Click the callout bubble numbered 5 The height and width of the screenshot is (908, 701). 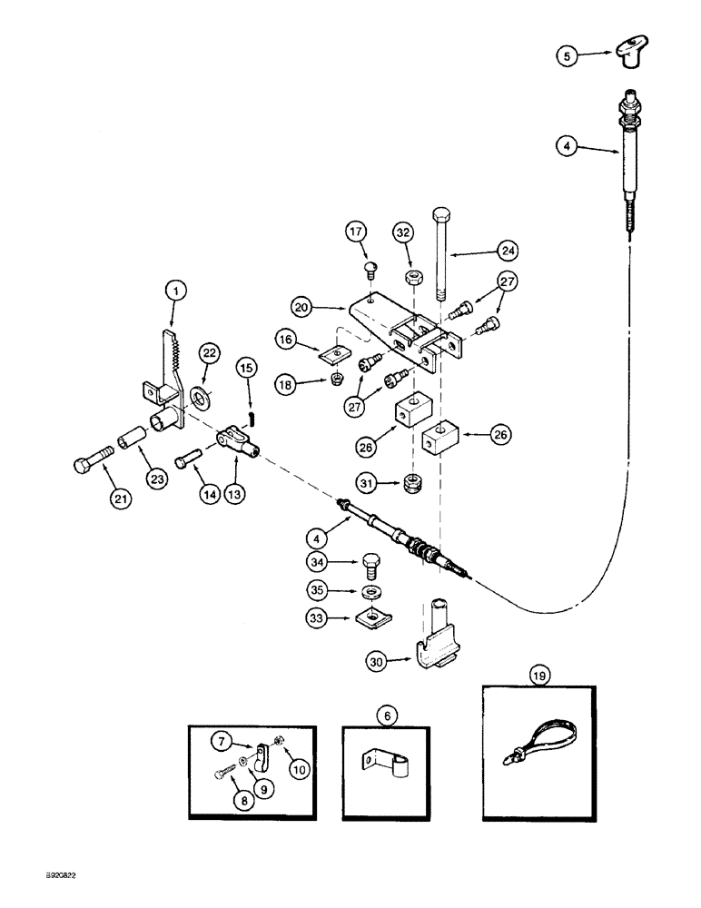click(568, 55)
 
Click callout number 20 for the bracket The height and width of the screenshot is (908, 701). click(304, 307)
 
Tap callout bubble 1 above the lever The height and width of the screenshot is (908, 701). click(175, 291)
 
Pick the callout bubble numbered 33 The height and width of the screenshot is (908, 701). click(316, 620)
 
